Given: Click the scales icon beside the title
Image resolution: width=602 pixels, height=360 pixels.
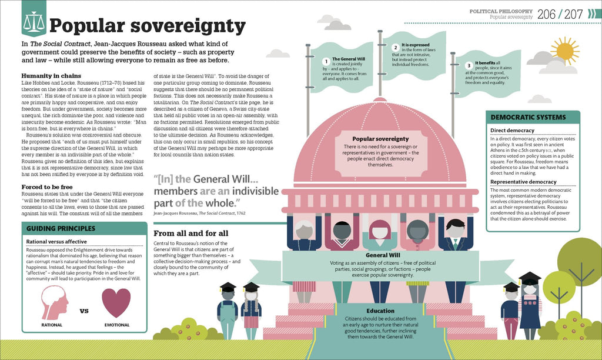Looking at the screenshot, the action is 34,22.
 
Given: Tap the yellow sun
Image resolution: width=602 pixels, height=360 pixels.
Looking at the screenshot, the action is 565,51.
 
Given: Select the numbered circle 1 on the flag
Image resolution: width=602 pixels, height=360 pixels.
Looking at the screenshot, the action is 326,62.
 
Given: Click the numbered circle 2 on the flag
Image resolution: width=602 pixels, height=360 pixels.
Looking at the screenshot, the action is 396,48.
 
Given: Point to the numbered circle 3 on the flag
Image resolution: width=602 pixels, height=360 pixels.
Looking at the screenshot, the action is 469,66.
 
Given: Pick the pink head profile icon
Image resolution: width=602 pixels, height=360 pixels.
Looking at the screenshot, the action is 55,303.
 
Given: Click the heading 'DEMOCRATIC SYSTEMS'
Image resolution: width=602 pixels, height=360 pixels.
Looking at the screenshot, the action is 528,117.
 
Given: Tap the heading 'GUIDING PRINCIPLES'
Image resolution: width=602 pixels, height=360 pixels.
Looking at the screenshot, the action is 61,228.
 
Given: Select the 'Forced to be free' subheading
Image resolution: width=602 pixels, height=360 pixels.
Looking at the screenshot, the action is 47,187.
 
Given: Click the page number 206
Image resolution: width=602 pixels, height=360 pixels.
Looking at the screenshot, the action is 546,14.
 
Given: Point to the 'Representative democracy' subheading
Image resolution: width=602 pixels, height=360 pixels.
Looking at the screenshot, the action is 523,182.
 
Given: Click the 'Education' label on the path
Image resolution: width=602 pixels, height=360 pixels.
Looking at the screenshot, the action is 380,311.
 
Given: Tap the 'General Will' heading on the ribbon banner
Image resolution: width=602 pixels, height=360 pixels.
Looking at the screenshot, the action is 383,255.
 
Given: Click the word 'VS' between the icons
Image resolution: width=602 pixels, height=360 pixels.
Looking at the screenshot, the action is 84,311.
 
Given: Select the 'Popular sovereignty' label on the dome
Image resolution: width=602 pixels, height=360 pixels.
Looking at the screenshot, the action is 380,139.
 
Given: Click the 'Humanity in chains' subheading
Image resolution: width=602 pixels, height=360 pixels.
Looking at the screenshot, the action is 51,76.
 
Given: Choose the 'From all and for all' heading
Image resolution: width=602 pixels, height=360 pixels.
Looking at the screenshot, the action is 191,233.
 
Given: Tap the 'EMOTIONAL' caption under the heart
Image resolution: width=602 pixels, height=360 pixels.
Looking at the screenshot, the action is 117,325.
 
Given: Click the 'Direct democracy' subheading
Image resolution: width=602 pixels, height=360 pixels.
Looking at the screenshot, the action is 512,131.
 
